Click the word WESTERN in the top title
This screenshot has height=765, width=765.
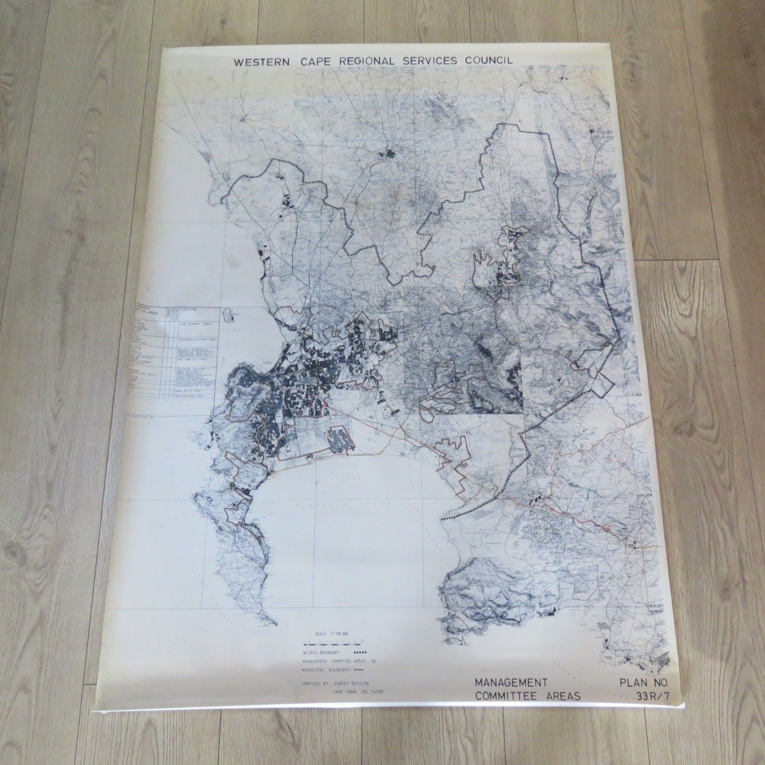coord(260,62)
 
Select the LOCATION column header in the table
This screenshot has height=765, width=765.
coord(189,309)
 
